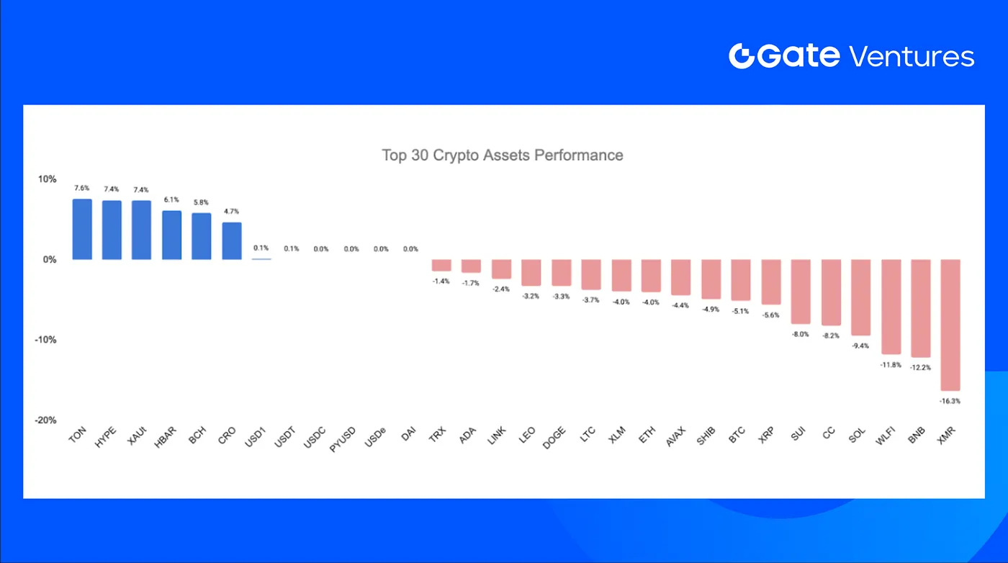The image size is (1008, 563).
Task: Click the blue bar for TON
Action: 82,229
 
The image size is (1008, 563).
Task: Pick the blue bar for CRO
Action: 232,240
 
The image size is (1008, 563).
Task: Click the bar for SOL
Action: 860,297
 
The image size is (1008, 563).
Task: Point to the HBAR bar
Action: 171,235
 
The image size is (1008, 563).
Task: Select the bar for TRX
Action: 441,265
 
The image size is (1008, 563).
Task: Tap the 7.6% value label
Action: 82,189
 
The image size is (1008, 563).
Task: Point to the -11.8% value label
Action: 891,365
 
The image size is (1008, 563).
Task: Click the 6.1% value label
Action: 171,199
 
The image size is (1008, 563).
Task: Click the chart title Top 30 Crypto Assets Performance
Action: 503,155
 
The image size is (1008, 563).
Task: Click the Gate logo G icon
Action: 741,56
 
